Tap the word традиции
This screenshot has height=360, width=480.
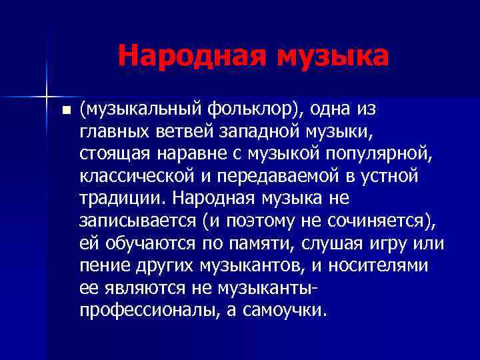[x=115, y=199]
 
